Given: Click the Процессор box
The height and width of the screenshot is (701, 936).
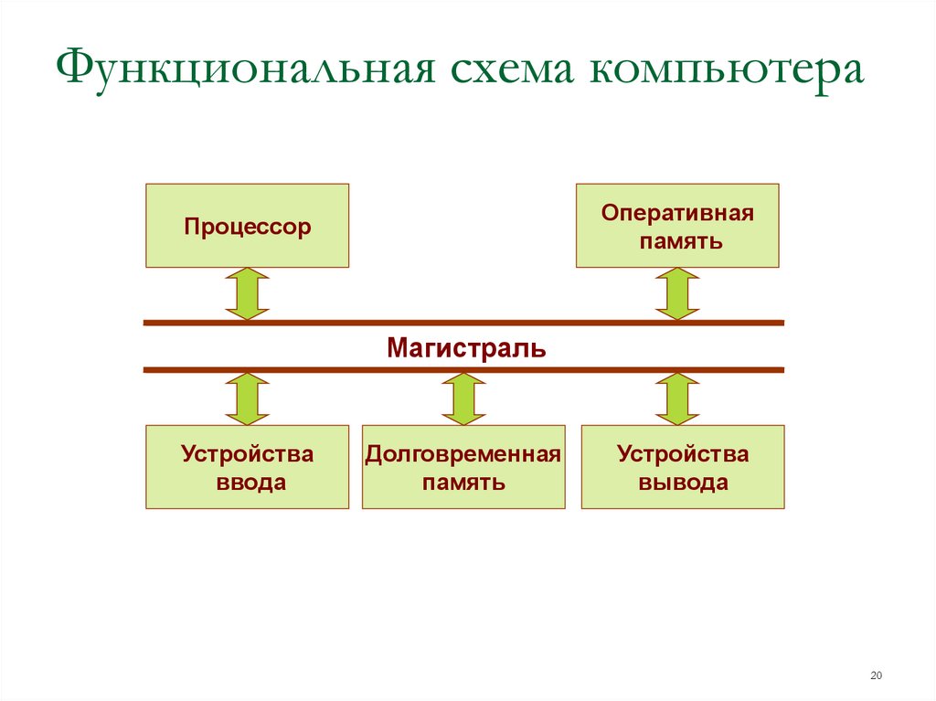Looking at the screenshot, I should click(247, 226).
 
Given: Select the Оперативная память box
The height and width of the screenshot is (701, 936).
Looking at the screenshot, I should click(677, 226).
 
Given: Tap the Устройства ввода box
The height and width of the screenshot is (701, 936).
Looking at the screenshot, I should click(247, 467).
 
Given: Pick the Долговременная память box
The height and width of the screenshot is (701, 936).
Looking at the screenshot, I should click(463, 467).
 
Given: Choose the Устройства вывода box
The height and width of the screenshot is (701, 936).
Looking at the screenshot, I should click(683, 467).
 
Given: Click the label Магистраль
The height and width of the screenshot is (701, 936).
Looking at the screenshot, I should click(466, 347).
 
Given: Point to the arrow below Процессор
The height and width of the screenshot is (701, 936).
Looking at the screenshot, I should click(247, 293).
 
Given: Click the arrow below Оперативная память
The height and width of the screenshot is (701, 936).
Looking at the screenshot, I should click(677, 293).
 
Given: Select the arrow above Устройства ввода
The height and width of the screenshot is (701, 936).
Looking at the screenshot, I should click(247, 398).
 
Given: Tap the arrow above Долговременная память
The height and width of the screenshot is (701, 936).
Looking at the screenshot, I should click(463, 398).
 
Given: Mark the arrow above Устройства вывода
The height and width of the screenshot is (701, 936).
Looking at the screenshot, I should click(677, 398).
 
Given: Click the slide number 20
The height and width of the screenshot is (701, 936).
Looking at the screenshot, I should click(877, 675).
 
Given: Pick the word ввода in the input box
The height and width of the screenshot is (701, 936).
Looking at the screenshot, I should click(250, 483).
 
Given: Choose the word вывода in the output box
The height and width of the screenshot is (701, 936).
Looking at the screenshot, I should click(683, 483).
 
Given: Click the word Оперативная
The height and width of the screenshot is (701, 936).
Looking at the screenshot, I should click(677, 213).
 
